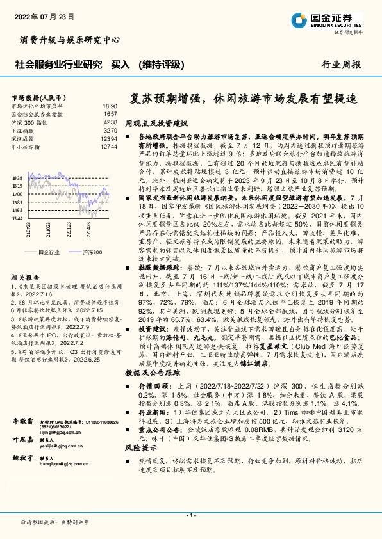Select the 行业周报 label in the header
(x=341, y=65)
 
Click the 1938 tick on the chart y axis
(x=17, y=177)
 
